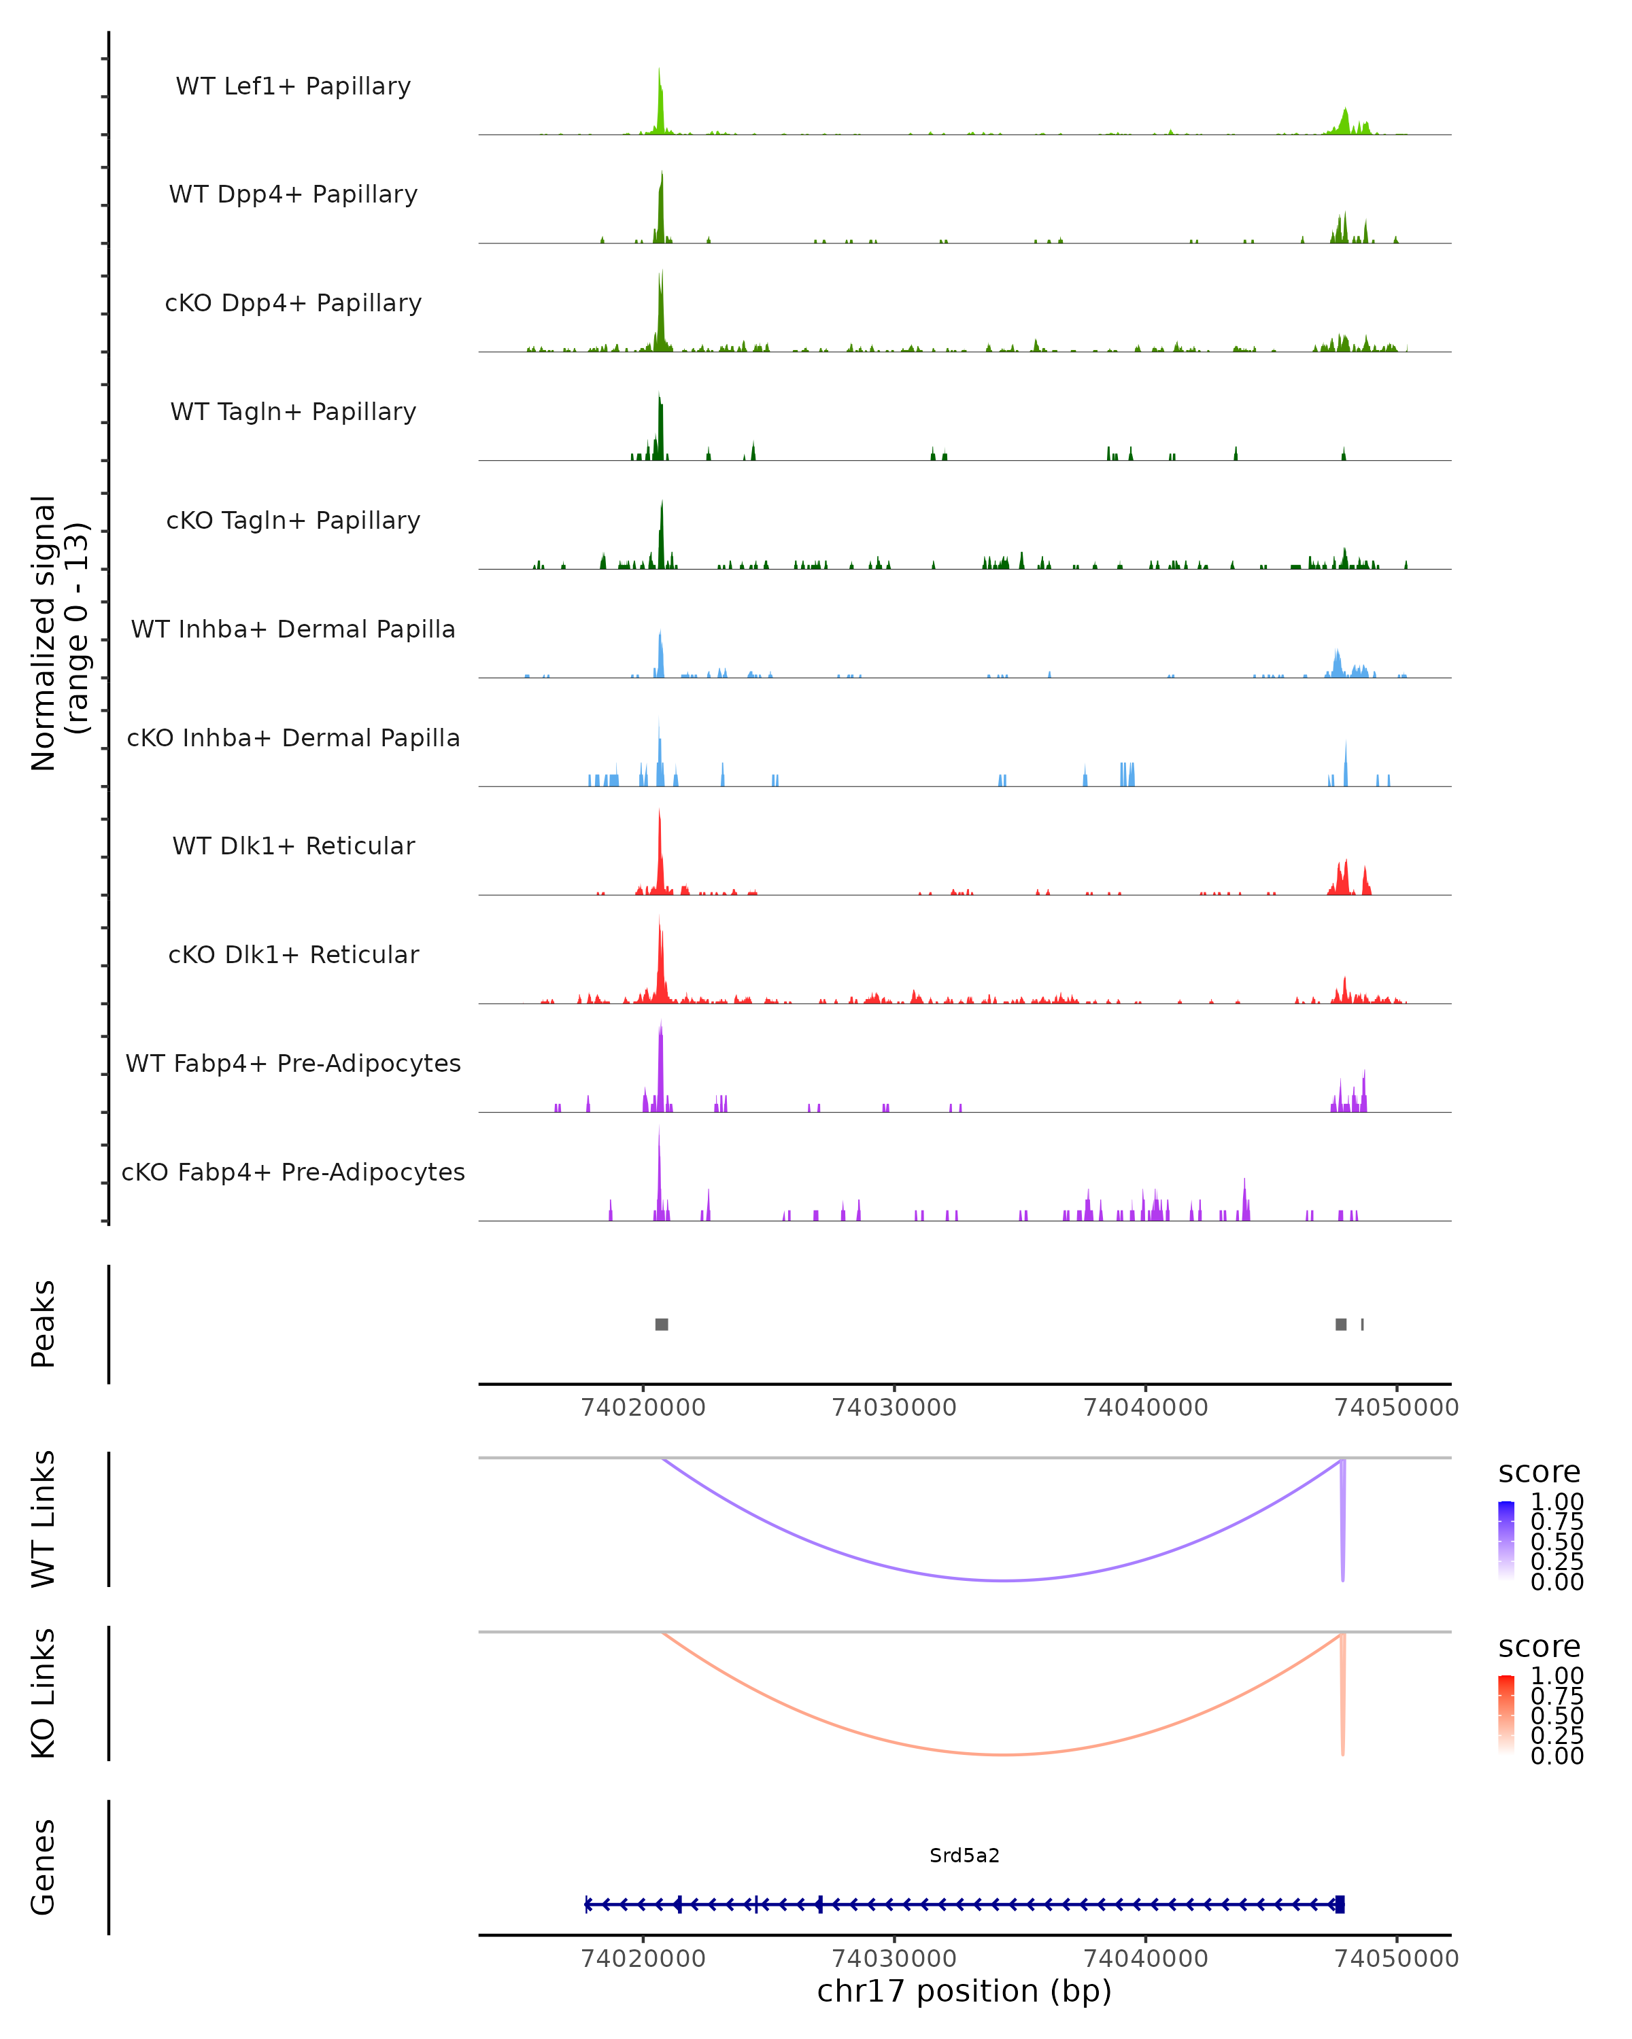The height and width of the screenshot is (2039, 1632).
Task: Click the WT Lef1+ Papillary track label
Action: point(293,86)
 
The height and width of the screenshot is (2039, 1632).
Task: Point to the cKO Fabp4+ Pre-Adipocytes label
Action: point(293,1172)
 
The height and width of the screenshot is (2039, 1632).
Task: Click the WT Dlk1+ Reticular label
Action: point(293,846)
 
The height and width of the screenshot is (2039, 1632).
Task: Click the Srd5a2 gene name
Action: point(964,1855)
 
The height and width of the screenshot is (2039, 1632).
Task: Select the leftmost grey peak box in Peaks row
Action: point(662,1324)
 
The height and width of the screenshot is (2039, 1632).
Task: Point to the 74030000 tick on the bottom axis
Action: point(894,1957)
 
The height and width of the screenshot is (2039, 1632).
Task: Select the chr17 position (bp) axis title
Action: point(964,1991)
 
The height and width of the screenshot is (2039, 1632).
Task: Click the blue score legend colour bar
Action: point(1506,1539)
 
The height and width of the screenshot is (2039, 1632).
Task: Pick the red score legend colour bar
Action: point(1506,1713)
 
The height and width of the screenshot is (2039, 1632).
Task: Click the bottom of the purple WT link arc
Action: point(1005,1580)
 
